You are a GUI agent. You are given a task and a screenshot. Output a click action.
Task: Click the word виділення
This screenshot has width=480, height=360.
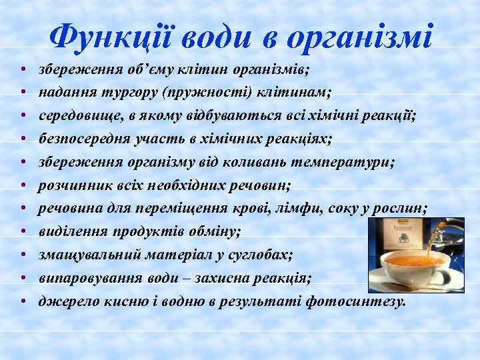[69, 231]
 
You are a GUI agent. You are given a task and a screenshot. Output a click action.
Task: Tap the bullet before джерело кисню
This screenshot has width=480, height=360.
[23, 301]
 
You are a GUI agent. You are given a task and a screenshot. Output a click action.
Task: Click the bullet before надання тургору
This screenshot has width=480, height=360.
[23, 92]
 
